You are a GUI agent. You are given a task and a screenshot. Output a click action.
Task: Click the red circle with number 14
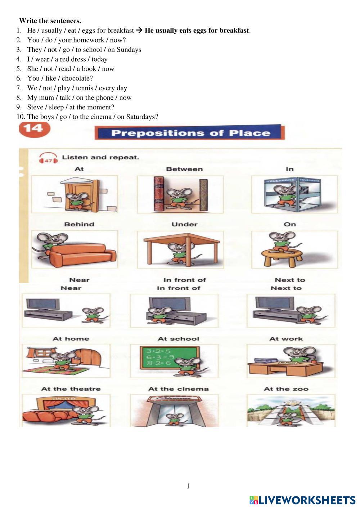[x=35, y=129]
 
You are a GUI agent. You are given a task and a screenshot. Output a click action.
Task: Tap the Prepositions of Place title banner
[x=190, y=132]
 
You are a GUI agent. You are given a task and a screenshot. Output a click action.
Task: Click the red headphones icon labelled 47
[x=48, y=159]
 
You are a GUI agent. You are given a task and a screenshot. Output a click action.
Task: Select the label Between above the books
[x=184, y=169]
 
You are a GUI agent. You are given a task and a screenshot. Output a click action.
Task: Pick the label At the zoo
[x=286, y=389]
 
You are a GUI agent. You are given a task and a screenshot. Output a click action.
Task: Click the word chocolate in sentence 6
[x=77, y=78]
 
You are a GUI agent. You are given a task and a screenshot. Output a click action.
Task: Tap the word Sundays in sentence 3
[x=129, y=50]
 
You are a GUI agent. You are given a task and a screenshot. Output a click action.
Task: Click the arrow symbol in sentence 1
[x=139, y=30]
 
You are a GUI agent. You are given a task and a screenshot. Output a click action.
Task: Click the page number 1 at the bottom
[x=188, y=486]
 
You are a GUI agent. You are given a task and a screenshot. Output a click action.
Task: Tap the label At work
[x=286, y=339]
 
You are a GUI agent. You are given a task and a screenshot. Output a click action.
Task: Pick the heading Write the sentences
[x=50, y=21]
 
